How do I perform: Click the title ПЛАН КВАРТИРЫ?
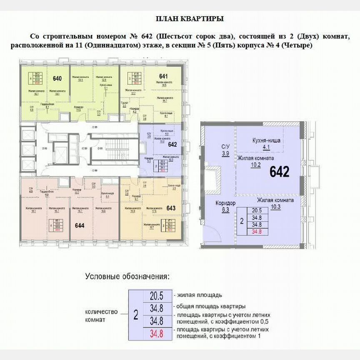(190, 19)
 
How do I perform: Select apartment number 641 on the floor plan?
(163, 76)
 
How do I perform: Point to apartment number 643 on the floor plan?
(171, 207)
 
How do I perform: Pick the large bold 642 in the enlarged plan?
(279, 172)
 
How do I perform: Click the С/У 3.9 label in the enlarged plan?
(225, 150)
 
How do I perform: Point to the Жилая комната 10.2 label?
(255, 161)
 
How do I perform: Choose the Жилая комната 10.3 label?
(275, 203)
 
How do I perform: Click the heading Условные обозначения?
(127, 276)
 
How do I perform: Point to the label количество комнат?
(101, 316)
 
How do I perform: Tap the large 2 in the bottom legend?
(135, 314)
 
